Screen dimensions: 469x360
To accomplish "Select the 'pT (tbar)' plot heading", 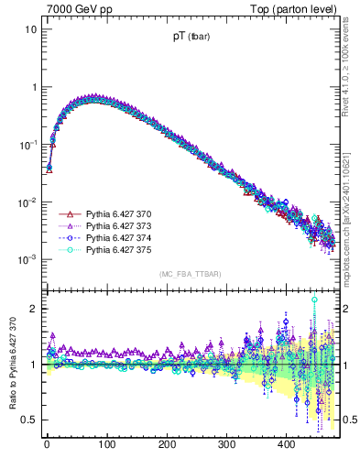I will tap(193, 38).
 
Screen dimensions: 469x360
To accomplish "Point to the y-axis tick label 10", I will tap(29, 29).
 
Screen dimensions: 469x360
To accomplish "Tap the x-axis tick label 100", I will tap(106, 445).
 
